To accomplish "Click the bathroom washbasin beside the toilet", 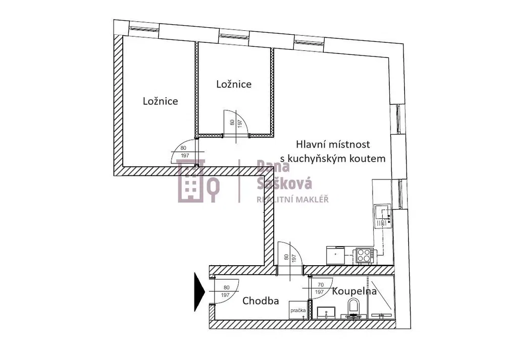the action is (326, 312).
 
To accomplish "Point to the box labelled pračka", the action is (298, 310).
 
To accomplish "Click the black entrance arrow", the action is (199, 292).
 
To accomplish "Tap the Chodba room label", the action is (261, 301).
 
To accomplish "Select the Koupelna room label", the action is (355, 291).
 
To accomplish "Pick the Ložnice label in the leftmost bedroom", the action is (161, 101).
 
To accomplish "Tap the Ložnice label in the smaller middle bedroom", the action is (234, 84).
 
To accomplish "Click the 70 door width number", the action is (321, 285).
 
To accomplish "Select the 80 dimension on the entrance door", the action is (226, 288).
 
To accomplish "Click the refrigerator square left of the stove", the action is (336, 255).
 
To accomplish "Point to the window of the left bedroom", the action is (144, 29).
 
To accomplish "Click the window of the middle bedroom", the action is (234, 36).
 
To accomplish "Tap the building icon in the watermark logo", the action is (191, 180).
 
